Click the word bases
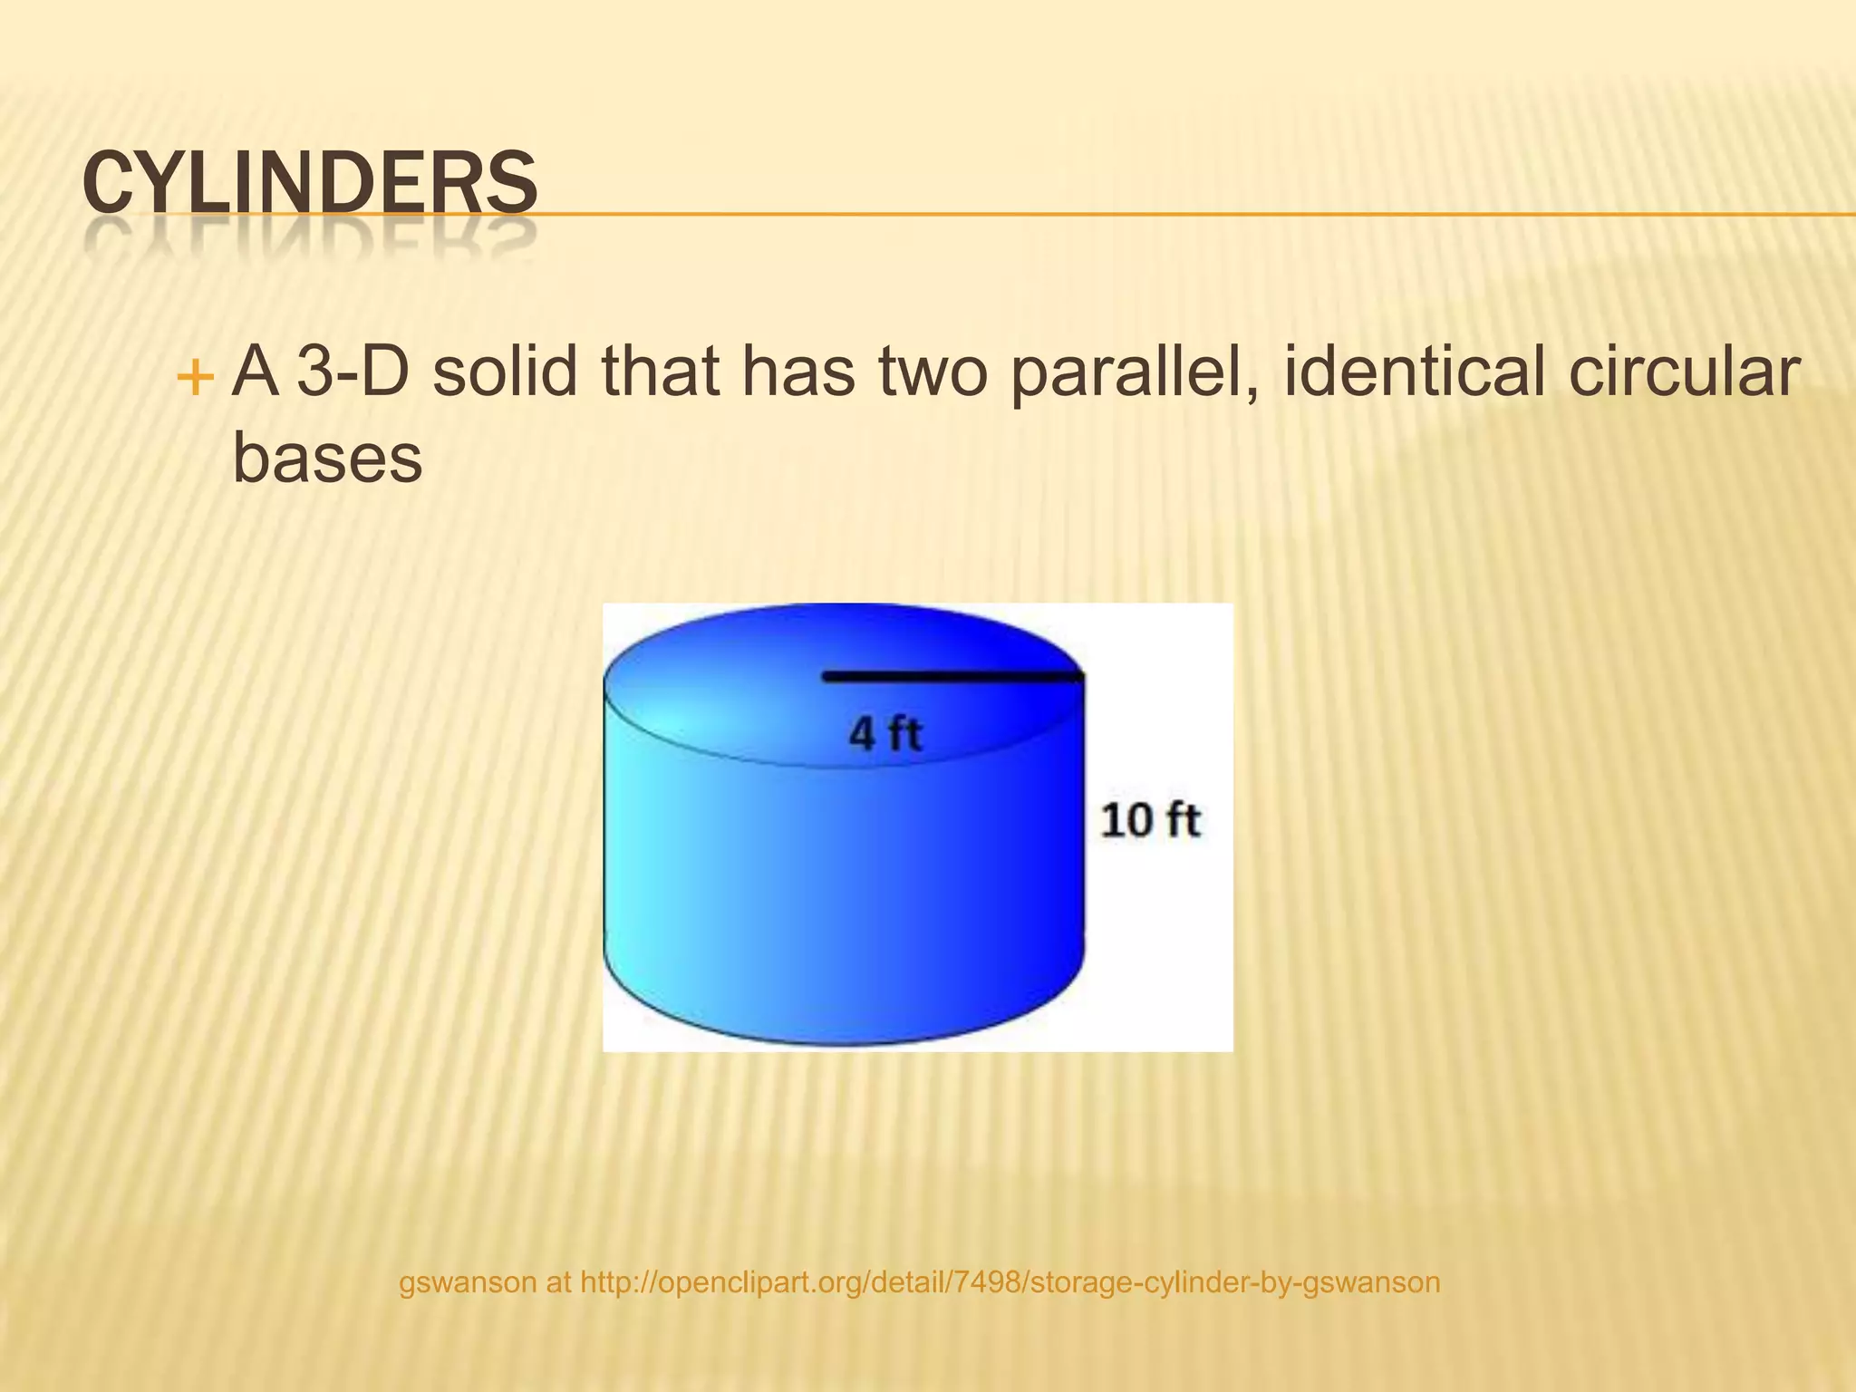pos(327,458)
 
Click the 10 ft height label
pos(1150,820)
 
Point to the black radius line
pos(952,676)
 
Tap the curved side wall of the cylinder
pos(816,888)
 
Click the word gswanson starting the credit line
pos(468,1282)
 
